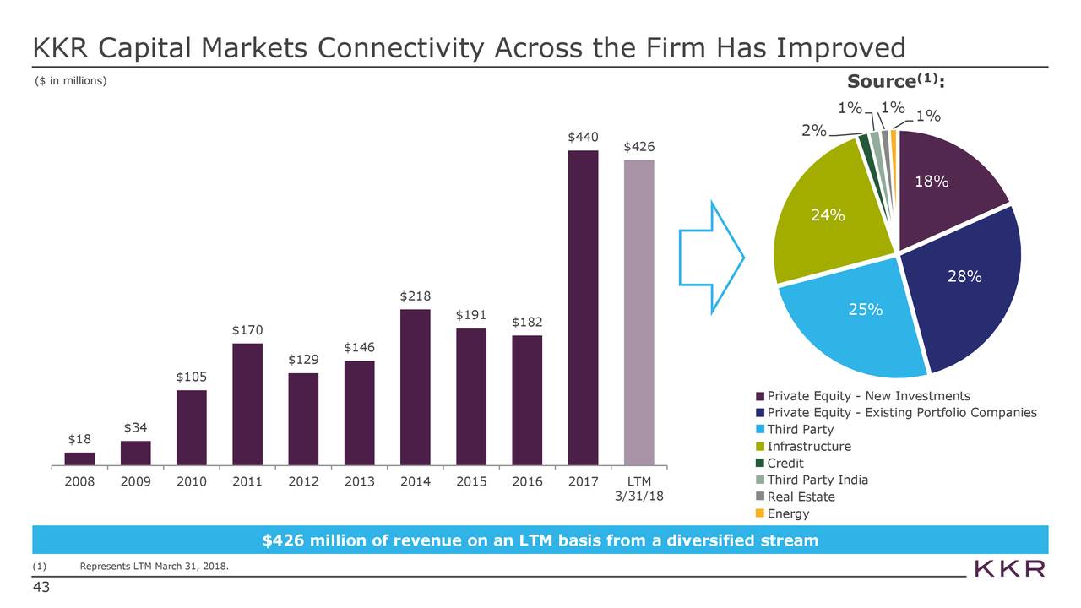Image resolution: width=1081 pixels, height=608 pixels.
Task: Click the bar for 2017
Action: pos(583,307)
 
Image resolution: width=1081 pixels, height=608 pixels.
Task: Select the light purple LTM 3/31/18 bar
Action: pos(638,312)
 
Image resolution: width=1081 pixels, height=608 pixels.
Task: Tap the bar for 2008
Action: pos(79,459)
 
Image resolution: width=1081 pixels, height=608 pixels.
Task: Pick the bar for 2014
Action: pos(415,387)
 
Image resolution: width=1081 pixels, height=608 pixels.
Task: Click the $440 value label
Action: pos(583,137)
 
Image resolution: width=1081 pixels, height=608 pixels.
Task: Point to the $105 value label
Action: pos(191,376)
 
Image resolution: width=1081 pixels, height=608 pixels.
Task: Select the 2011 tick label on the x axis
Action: pos(247,482)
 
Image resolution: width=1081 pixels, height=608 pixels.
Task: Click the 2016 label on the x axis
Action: pos(526,482)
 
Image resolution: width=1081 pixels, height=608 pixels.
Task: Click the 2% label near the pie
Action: pos(813,131)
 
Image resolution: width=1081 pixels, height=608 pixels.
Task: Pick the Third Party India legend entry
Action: pos(817,480)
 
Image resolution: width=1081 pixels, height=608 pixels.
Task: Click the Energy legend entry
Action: pos(787,513)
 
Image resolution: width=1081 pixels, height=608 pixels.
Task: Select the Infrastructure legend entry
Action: pos(808,447)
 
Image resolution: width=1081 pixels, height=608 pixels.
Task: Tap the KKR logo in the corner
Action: pos(1009,568)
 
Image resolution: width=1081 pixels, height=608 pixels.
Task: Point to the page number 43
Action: pos(41,589)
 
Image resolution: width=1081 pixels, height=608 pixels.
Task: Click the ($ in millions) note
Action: pos(71,80)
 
